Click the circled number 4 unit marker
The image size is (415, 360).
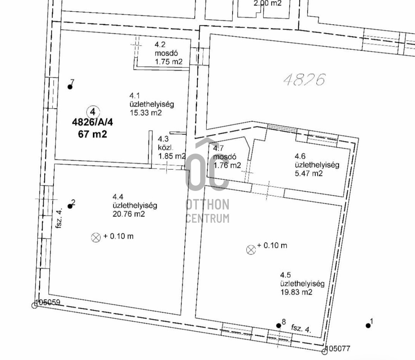93,112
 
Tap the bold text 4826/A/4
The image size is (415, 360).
92,122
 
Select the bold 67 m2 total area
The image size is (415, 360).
92,134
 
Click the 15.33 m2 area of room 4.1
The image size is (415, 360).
146,113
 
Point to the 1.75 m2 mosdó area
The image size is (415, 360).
169,62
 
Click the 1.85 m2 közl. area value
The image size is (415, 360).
172,156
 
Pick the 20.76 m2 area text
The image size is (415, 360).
128,214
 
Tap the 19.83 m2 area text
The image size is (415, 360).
296,292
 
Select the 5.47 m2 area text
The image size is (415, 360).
309,174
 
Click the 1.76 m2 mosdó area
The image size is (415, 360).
227,166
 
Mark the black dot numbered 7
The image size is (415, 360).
70,87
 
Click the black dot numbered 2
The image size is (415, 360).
70,206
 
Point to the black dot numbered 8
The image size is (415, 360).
278,325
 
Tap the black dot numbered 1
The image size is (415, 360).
368,325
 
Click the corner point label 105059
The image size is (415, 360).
48,302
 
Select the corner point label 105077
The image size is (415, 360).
338,349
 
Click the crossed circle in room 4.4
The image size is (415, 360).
96,237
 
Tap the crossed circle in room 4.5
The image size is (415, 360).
251,249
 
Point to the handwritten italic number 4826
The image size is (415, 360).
304,80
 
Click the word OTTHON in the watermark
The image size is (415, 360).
208,205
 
